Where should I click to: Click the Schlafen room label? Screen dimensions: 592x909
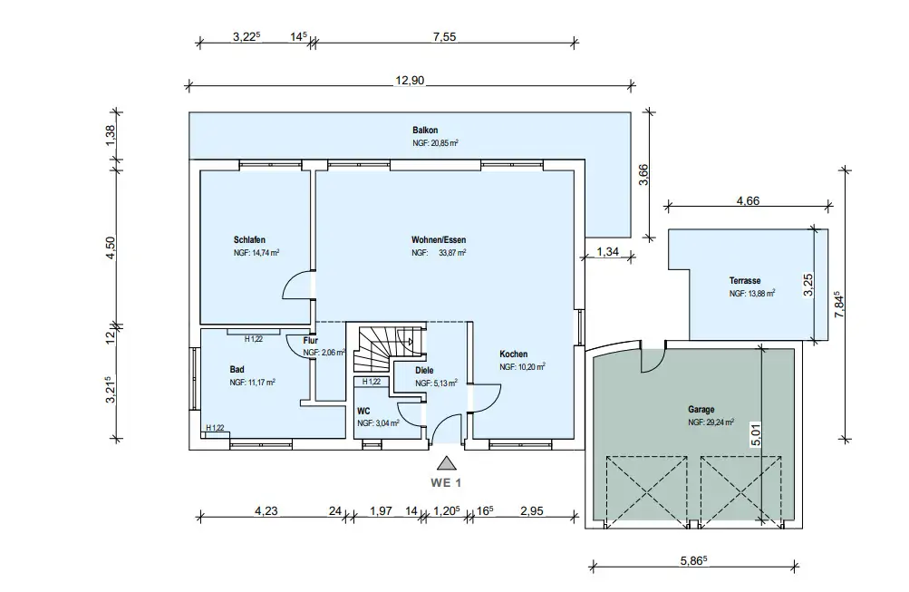pos(249,240)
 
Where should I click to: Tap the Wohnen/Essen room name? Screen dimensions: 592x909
pos(439,240)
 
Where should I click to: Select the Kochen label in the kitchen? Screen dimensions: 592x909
pos(513,354)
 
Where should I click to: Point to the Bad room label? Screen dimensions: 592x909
pos(237,370)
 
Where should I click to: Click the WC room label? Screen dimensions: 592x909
pos(363,411)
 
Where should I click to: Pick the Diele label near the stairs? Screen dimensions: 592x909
pos(425,371)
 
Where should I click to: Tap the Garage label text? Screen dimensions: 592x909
pos(701,410)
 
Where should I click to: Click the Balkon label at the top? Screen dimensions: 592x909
pos(425,131)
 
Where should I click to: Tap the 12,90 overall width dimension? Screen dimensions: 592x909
pos(410,81)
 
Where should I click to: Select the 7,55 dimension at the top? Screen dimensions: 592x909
pos(444,37)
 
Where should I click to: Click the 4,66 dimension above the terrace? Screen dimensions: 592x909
pos(748,200)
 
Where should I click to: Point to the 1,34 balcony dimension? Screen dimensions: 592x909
pos(606,252)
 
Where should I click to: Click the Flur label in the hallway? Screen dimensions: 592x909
pos(310,340)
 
